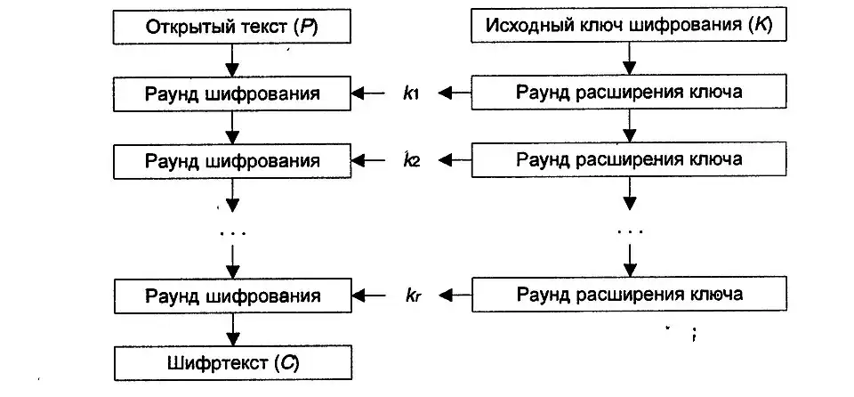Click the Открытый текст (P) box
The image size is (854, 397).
(231, 25)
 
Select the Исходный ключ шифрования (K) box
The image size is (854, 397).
(629, 25)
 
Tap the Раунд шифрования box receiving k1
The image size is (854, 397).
(231, 93)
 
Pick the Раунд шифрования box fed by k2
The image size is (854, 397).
(231, 160)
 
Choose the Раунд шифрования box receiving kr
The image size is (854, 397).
(231, 295)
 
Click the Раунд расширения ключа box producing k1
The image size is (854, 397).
(629, 93)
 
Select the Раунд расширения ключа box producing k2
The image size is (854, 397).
(629, 160)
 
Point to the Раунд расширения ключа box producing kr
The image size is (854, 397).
(629, 295)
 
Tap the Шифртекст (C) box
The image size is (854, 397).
(231, 362)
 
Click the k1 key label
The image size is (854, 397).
(410, 93)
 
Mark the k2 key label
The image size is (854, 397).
(410, 161)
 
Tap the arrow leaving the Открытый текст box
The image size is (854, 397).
(231, 60)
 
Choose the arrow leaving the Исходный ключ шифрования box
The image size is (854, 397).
(629, 60)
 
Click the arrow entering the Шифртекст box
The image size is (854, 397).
(231, 329)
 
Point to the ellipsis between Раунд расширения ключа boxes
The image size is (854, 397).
(629, 231)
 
